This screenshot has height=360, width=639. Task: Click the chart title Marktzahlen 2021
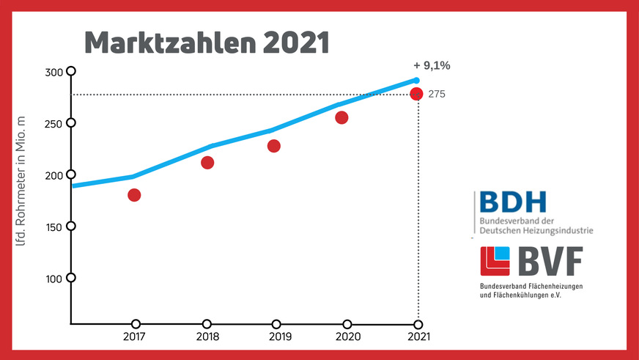207,43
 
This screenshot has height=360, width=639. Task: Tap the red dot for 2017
134,195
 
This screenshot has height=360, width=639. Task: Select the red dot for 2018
207,163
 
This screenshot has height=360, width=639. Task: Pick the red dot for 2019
274,146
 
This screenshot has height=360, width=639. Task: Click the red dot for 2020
341,117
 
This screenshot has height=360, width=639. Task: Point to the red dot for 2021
416,93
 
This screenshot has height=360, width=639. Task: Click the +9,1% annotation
432,66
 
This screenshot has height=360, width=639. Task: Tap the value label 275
437,94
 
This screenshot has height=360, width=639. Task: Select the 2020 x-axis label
347,338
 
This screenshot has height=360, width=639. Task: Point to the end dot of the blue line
416,80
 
